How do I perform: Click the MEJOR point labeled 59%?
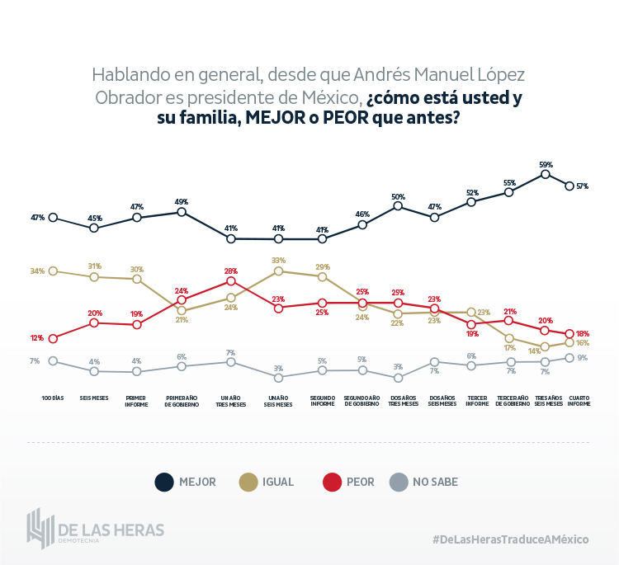point(546,174)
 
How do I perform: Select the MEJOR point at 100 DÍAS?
point(53,218)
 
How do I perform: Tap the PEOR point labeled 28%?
point(231,281)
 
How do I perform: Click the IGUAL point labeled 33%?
point(279,271)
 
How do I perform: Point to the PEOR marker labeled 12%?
point(53,338)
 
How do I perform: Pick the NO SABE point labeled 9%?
point(569,357)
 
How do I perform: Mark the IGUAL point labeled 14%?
point(546,347)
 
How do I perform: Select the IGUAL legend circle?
point(246,482)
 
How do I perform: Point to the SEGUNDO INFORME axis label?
point(323,400)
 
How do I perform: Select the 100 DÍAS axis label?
point(53,398)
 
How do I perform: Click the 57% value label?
point(582,186)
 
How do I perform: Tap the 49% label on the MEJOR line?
point(182,201)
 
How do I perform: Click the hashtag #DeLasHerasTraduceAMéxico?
point(510,539)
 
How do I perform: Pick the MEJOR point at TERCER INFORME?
point(471,201)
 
